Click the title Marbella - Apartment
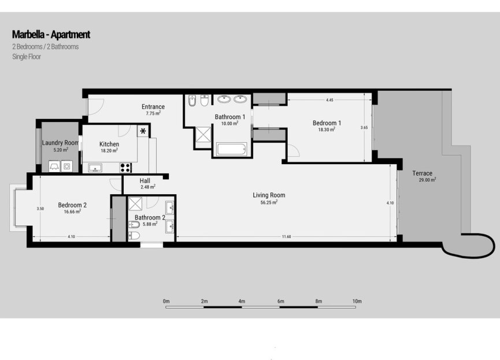[51, 35]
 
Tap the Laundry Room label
[60, 143]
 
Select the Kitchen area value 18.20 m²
[109, 150]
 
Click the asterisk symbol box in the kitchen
[143, 131]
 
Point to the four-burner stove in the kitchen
[125, 168]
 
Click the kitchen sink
[95, 168]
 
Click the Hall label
[145, 180]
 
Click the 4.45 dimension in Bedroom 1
[329, 100]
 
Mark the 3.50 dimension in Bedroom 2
[40, 208]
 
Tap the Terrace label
[423, 173]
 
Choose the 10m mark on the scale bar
[357, 301]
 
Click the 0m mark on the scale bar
[166, 301]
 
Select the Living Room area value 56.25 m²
[269, 202]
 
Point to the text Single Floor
[27, 57]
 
